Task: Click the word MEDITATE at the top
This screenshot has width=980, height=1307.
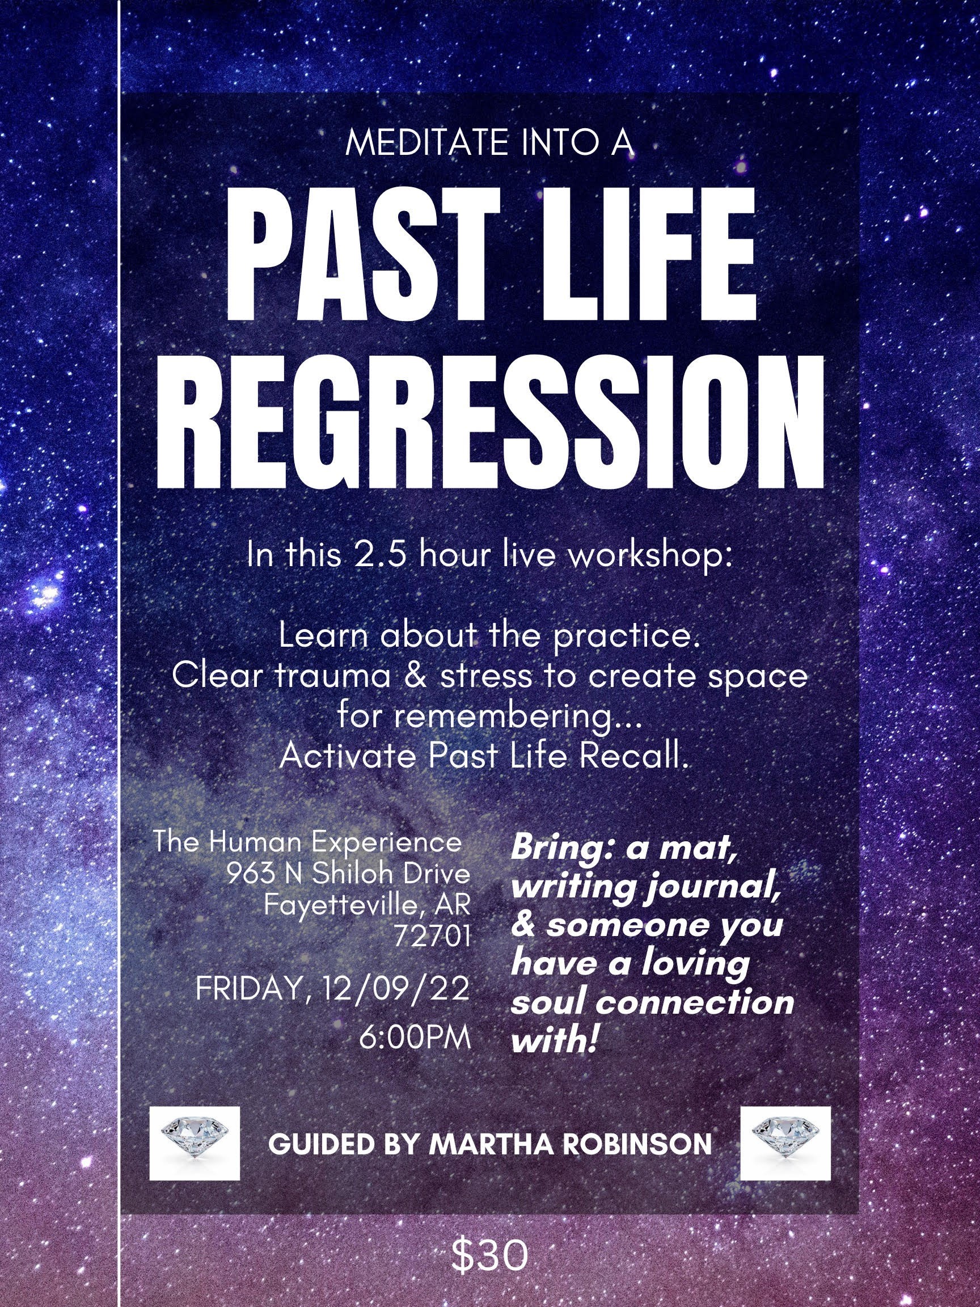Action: point(426,143)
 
